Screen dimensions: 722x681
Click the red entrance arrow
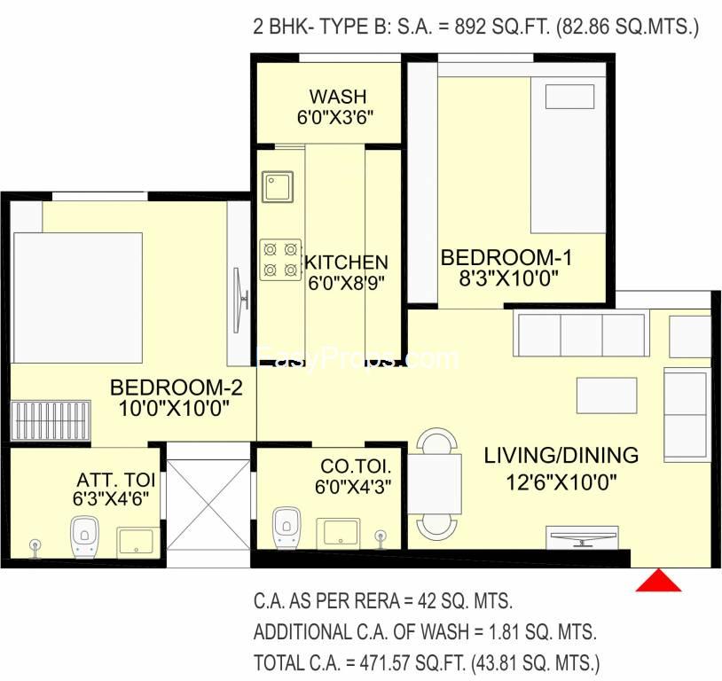(658, 582)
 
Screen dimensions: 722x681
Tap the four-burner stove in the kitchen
(280, 260)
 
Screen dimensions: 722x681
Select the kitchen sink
(278, 187)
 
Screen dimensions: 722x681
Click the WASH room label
(338, 97)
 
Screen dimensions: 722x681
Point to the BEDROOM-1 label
(506, 257)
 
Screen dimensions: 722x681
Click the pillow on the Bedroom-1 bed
(569, 97)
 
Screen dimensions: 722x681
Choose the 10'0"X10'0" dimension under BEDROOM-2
(174, 408)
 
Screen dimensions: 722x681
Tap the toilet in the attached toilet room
(84, 536)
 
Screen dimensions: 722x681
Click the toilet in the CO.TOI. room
(286, 528)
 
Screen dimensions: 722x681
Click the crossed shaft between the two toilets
(208, 505)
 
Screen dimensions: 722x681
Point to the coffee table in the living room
(607, 395)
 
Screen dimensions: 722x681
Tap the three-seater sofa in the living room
(582, 335)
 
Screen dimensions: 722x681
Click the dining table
(436, 483)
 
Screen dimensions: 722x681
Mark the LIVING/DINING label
(561, 456)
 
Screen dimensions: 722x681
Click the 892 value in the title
(470, 27)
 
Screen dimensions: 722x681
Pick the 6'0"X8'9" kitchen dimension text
(346, 283)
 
